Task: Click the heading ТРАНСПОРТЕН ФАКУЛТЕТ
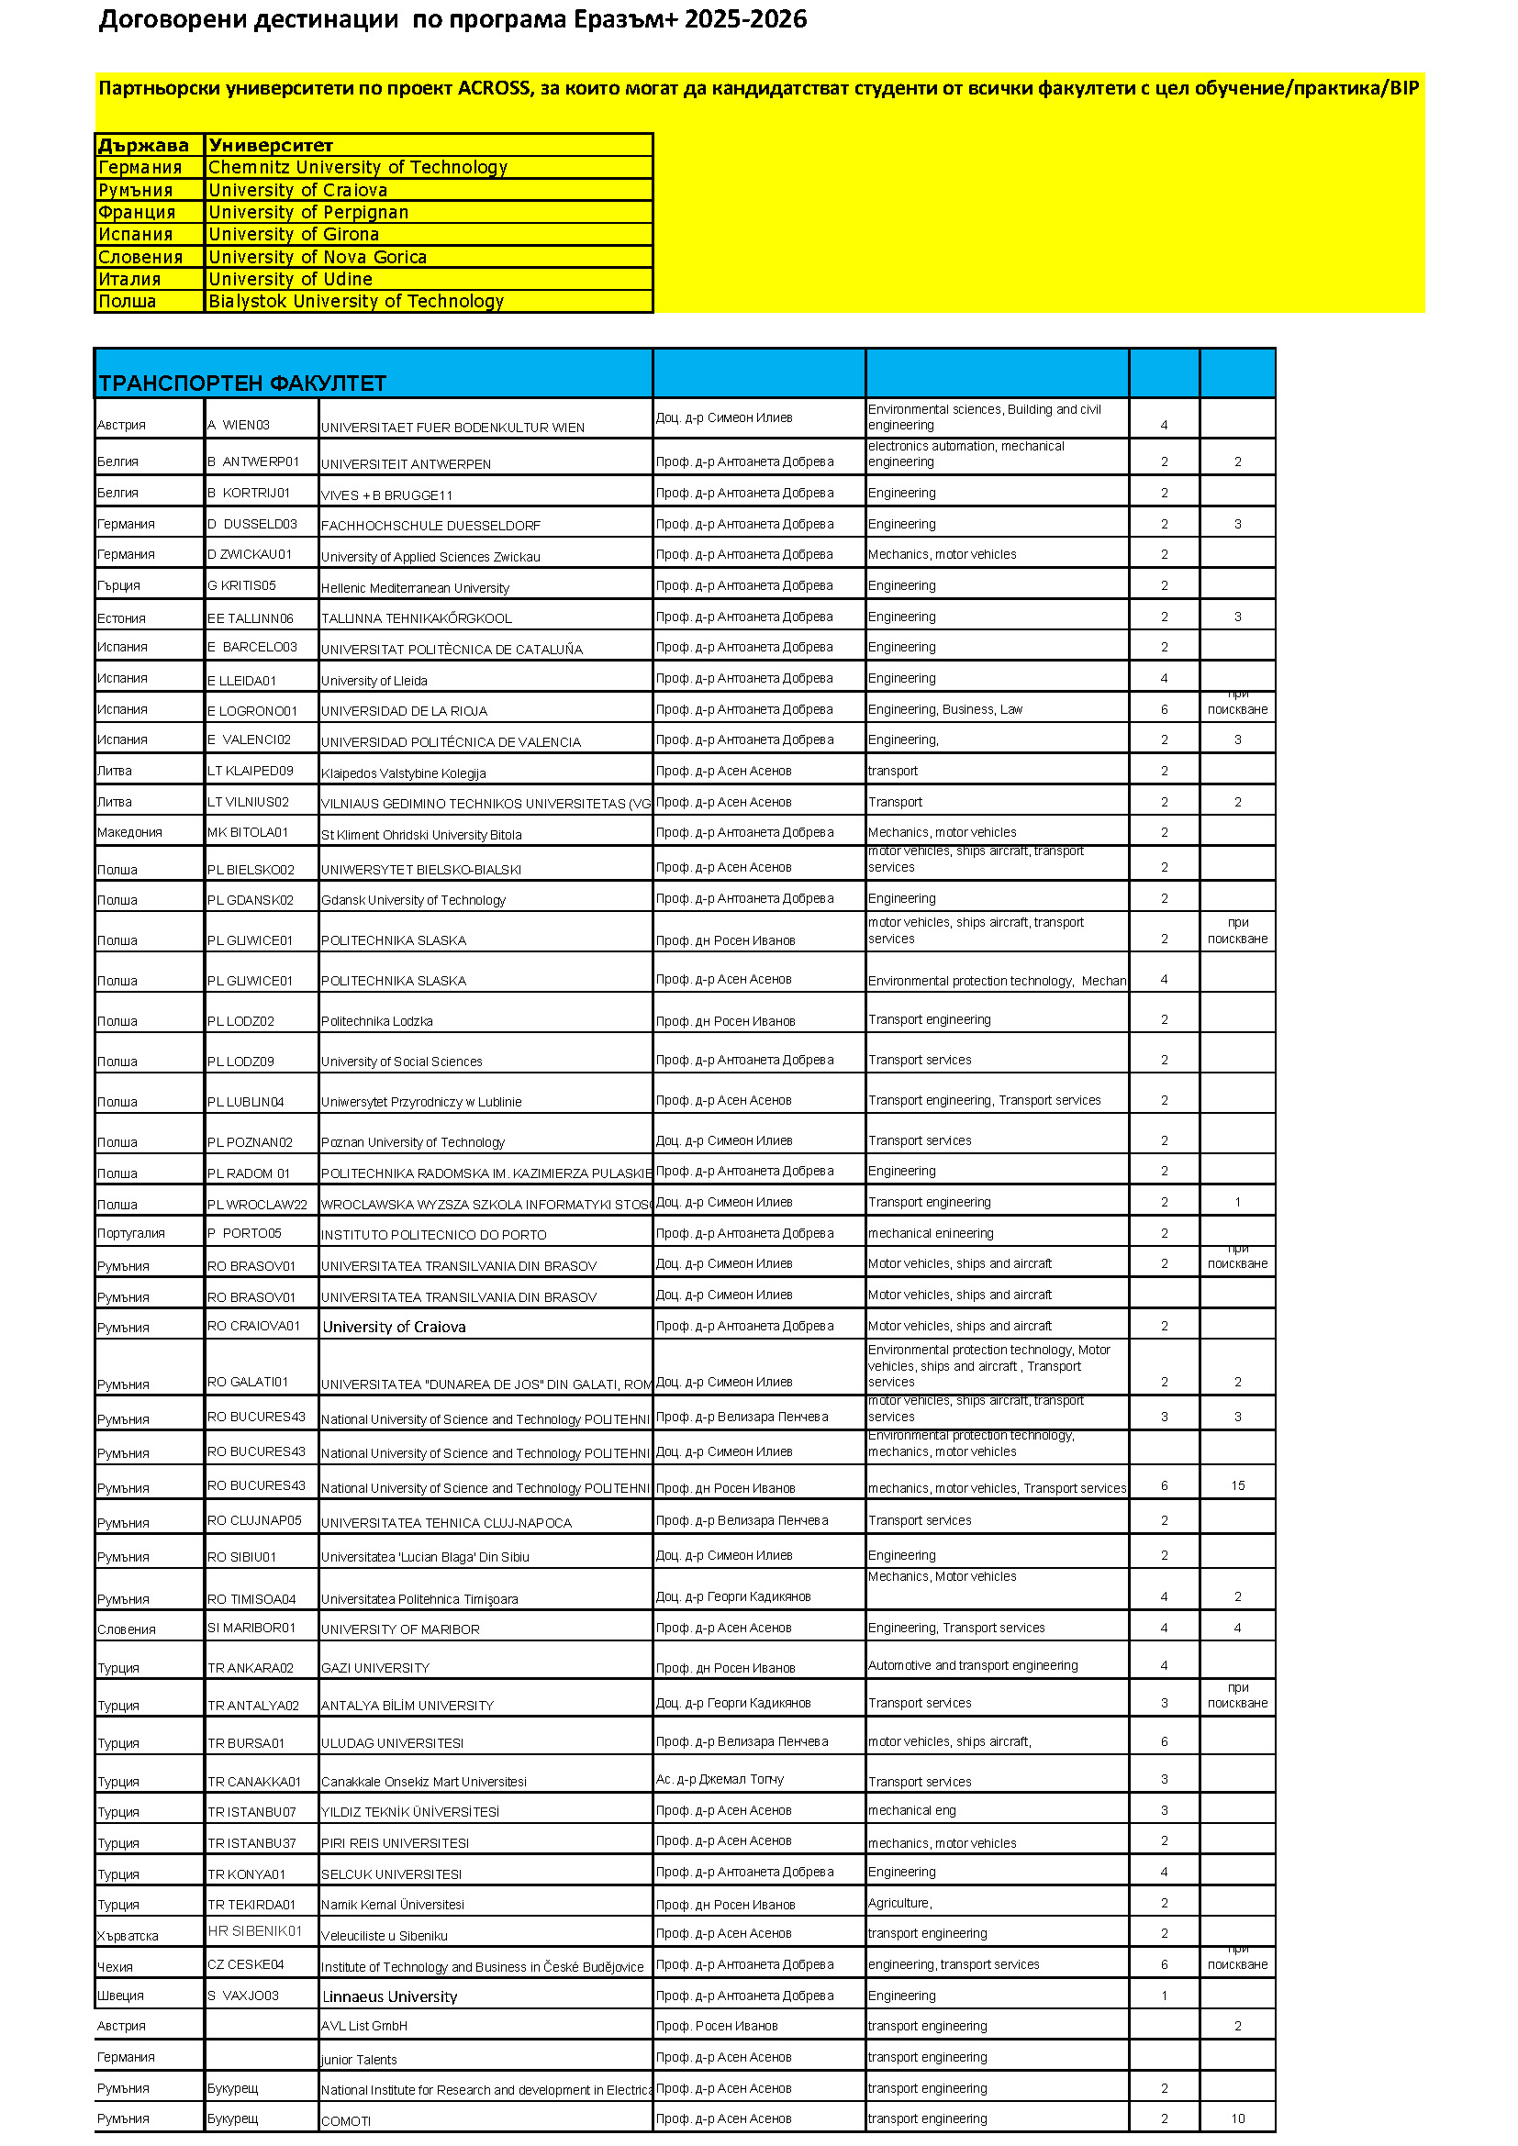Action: pyautogui.click(x=242, y=384)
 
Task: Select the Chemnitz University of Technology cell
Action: pyautogui.click(x=357, y=167)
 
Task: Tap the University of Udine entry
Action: pyautogui.click(x=290, y=279)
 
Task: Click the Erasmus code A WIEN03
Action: pyautogui.click(x=239, y=426)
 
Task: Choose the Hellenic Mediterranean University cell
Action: pyautogui.click(x=415, y=588)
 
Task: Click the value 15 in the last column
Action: pyautogui.click(x=1236, y=1485)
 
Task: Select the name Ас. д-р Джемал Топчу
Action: pyautogui.click(x=720, y=1779)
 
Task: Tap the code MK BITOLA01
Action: pyautogui.click(x=248, y=832)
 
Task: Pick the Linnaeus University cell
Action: pyautogui.click(x=390, y=1996)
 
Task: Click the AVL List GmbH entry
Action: pyautogui.click(x=363, y=2026)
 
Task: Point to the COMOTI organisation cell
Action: pyautogui.click(x=346, y=2120)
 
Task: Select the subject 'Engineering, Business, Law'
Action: pyautogui.click(x=945, y=709)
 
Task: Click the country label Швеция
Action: pyautogui.click(x=120, y=1996)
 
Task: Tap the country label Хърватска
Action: pyautogui.click(x=128, y=1936)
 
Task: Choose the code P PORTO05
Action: pyautogui.click(x=244, y=1233)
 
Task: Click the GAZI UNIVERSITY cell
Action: pyautogui.click(x=374, y=1667)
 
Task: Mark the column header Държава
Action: pyautogui.click(x=143, y=145)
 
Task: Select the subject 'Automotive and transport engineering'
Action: pyautogui.click(x=972, y=1665)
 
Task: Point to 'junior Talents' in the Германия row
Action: pyautogui.click(x=359, y=2059)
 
